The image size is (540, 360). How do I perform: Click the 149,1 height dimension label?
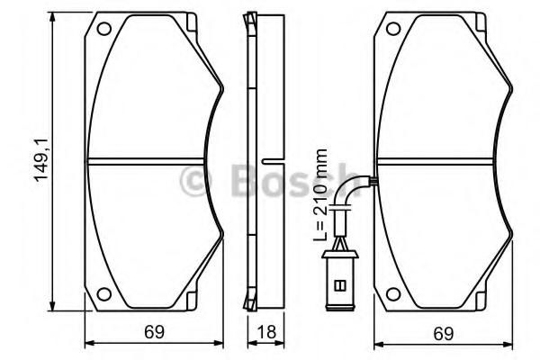tap(42, 160)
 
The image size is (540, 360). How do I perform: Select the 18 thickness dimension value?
tap(266, 332)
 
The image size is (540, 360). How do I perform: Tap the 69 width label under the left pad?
tap(155, 332)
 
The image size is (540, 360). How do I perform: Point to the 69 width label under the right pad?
tap(444, 334)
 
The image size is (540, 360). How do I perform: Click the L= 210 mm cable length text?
tap(320, 195)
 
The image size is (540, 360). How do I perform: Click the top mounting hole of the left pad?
tap(103, 29)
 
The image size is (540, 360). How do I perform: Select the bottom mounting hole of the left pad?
tap(103, 294)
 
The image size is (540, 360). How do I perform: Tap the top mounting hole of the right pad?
tap(393, 29)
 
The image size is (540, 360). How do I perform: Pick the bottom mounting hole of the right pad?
tap(393, 294)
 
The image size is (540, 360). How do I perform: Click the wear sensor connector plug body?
tap(340, 281)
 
